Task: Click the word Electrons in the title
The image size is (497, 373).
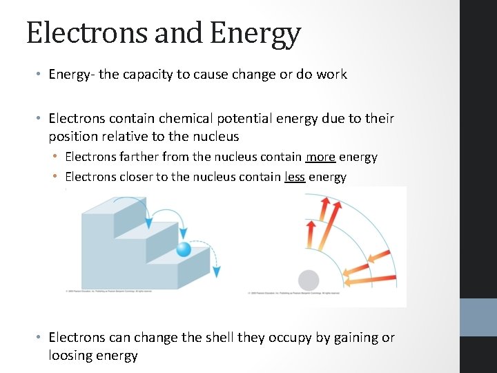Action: tap(77, 33)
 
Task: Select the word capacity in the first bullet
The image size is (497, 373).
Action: tap(148, 74)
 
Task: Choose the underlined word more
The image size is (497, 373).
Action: tap(321, 157)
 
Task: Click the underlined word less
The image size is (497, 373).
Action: tap(295, 177)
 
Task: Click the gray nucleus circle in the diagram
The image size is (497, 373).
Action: tap(308, 280)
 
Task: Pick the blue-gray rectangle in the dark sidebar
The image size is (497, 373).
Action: tap(478, 317)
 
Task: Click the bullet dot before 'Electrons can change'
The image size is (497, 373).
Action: tap(39, 338)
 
